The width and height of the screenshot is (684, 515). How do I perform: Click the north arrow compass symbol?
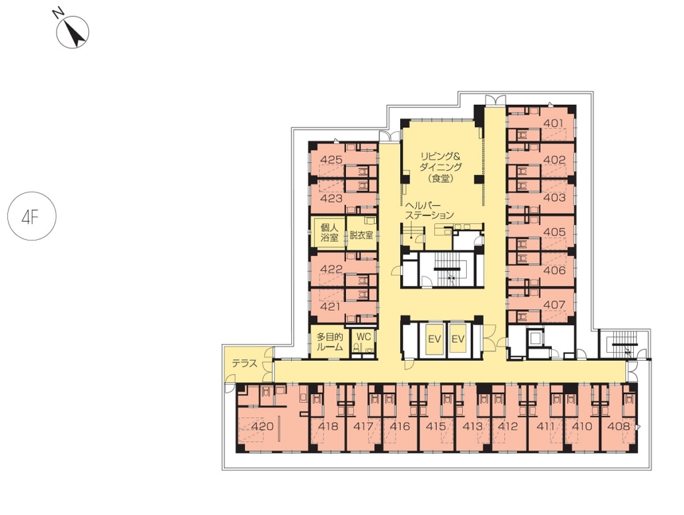[x=72, y=31]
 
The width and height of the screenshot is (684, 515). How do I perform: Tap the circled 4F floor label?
[x=32, y=216]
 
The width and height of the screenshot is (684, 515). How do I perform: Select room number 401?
[x=554, y=124]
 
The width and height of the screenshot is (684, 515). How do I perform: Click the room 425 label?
[x=331, y=160]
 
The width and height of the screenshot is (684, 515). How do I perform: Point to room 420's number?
[x=263, y=426]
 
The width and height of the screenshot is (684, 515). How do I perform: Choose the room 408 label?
[x=619, y=426]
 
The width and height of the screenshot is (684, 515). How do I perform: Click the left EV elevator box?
[x=434, y=339]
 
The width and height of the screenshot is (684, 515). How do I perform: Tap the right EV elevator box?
[x=458, y=339]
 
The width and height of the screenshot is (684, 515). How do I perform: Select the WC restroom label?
[x=363, y=337]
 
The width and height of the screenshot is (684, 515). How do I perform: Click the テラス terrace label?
[x=244, y=363]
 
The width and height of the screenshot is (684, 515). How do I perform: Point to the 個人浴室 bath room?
[x=329, y=232]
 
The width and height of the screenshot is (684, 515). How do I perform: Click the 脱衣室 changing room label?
[x=361, y=235]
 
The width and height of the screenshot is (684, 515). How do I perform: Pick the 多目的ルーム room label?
[x=329, y=342]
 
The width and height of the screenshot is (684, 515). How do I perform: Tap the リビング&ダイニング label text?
[x=441, y=162]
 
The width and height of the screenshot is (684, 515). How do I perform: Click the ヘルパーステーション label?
[x=430, y=210]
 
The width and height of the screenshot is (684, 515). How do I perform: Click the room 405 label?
[x=554, y=232]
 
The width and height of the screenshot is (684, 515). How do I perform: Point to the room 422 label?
[x=331, y=269]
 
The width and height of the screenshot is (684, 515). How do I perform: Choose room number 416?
[x=400, y=426]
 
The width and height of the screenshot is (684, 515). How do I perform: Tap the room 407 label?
[x=554, y=305]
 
